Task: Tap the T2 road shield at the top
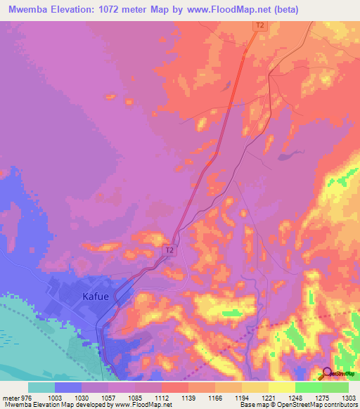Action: (260, 25)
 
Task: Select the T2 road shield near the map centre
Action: (169, 249)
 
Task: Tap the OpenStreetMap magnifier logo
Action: (328, 374)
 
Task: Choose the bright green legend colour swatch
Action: (308, 387)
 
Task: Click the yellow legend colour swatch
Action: (281, 387)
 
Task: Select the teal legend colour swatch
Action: (41, 387)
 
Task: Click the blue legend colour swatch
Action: (68, 387)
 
